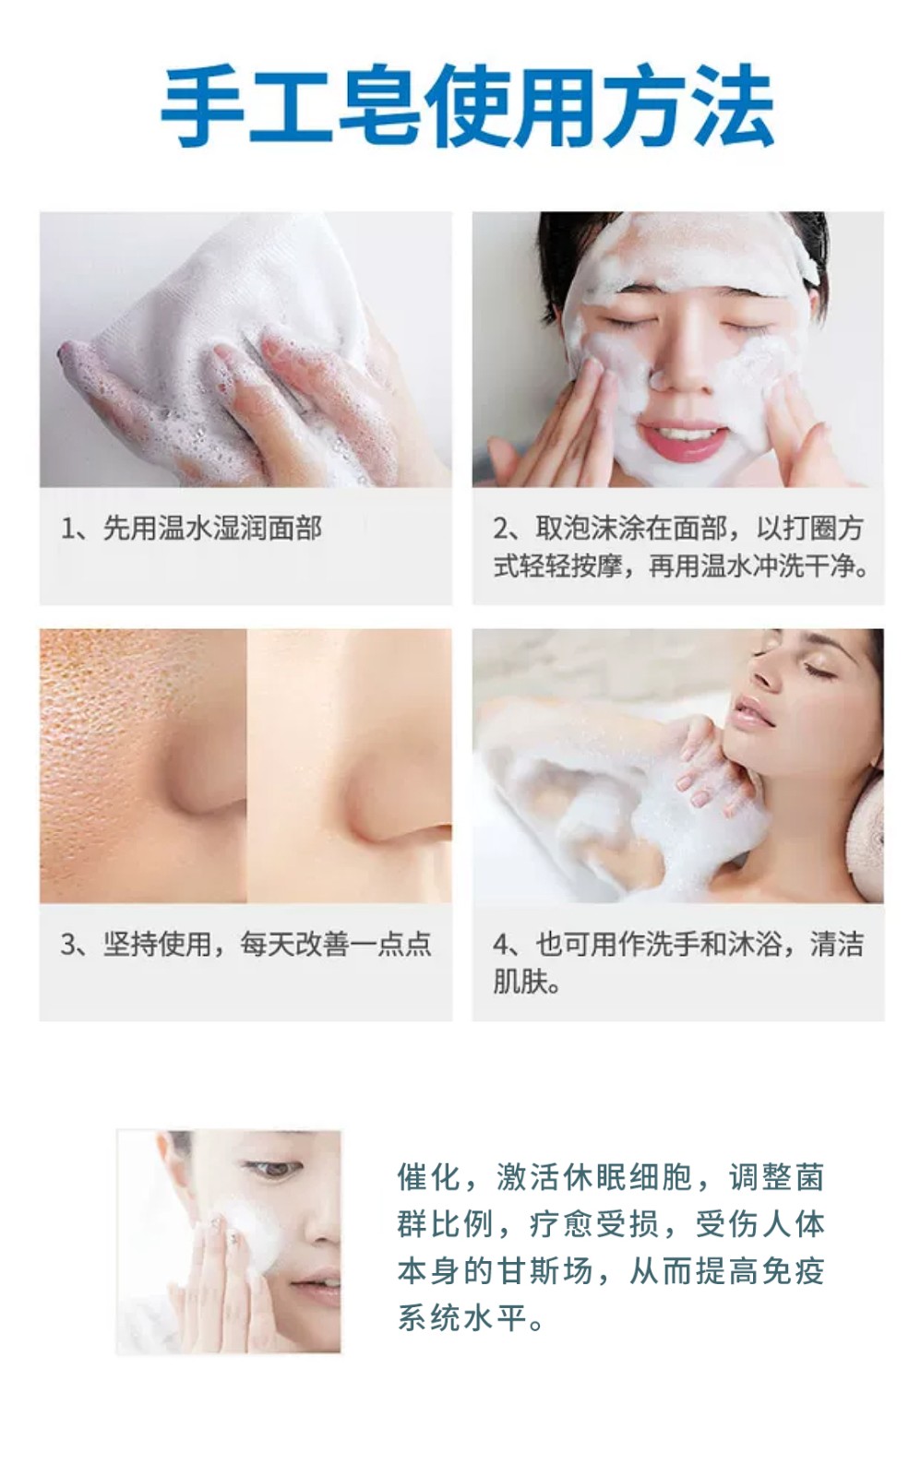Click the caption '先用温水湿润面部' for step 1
point(212,529)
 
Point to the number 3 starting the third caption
point(68,945)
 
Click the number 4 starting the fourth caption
point(501,945)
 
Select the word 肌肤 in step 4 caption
point(520,982)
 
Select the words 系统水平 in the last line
point(461,1318)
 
